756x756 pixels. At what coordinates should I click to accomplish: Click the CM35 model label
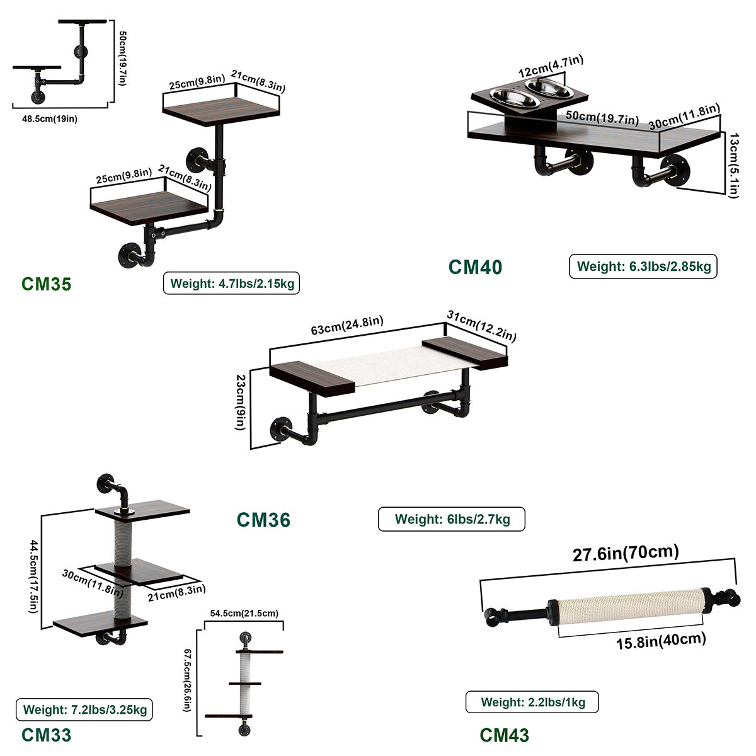(47, 283)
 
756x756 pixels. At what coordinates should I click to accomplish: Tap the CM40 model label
(475, 267)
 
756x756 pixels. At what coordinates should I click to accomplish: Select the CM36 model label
(263, 520)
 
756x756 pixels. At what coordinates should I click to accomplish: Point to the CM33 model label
(46, 735)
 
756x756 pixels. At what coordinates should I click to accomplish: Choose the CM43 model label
(504, 735)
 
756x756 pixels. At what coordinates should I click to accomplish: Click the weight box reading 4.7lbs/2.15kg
(231, 283)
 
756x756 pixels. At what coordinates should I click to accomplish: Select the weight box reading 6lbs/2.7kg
(452, 520)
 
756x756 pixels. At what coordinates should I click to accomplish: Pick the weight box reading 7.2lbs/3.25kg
(84, 710)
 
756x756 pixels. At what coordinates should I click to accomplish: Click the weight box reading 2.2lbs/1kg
(532, 702)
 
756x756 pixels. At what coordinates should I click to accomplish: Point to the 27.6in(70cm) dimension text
(626, 553)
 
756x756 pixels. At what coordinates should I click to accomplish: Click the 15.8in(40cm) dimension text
(660, 641)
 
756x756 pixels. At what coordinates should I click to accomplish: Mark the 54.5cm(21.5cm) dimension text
(244, 613)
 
